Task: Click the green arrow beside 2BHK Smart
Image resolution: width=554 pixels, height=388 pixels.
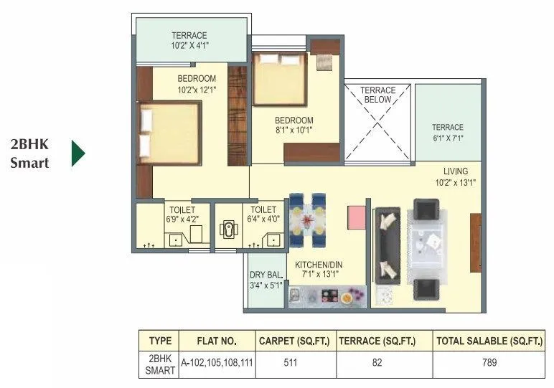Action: (x=78, y=153)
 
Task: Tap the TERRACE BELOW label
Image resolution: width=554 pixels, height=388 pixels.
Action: (x=377, y=95)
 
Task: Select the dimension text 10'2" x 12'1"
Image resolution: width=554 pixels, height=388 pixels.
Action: (x=197, y=90)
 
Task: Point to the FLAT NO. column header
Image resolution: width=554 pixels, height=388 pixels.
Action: (x=217, y=341)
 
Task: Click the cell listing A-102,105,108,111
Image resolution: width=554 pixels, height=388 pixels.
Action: (x=217, y=363)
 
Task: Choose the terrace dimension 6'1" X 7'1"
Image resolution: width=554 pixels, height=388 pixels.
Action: (x=447, y=138)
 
